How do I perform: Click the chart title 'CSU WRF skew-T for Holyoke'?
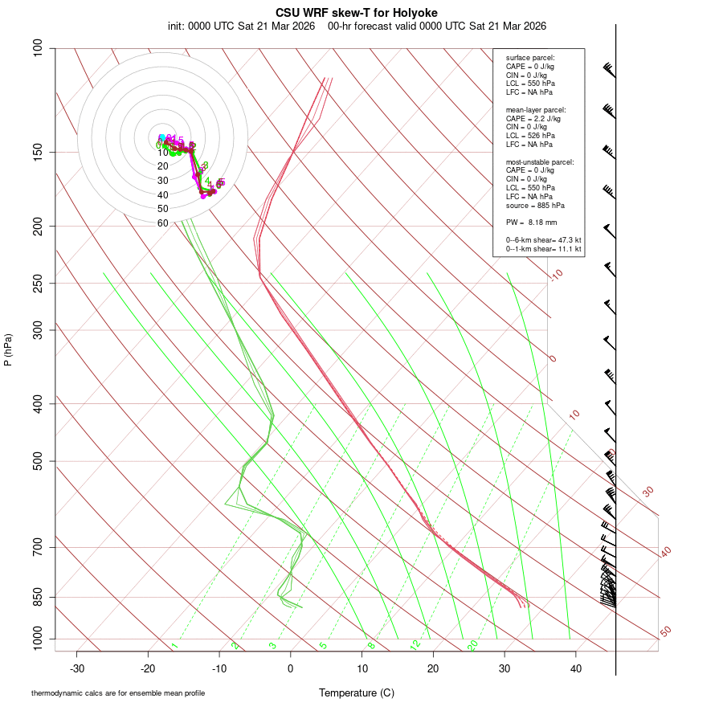tap(357, 13)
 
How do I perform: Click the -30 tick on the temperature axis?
tap(77, 668)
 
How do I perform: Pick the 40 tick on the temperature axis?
tap(575, 668)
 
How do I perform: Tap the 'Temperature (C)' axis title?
tap(357, 692)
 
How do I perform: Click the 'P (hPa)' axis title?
tap(8, 349)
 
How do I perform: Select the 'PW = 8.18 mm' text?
tap(531, 223)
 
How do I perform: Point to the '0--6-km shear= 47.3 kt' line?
tap(543, 240)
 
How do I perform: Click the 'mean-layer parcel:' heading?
tap(536, 109)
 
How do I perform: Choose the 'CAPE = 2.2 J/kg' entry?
tap(533, 118)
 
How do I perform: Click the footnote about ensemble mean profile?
tap(118, 693)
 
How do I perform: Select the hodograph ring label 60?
tap(163, 223)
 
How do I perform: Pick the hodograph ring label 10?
tap(163, 153)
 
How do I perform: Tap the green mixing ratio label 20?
tap(473, 645)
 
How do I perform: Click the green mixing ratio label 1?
tap(174, 646)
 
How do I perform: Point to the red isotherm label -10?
tap(556, 275)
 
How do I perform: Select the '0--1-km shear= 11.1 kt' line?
tap(543, 249)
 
